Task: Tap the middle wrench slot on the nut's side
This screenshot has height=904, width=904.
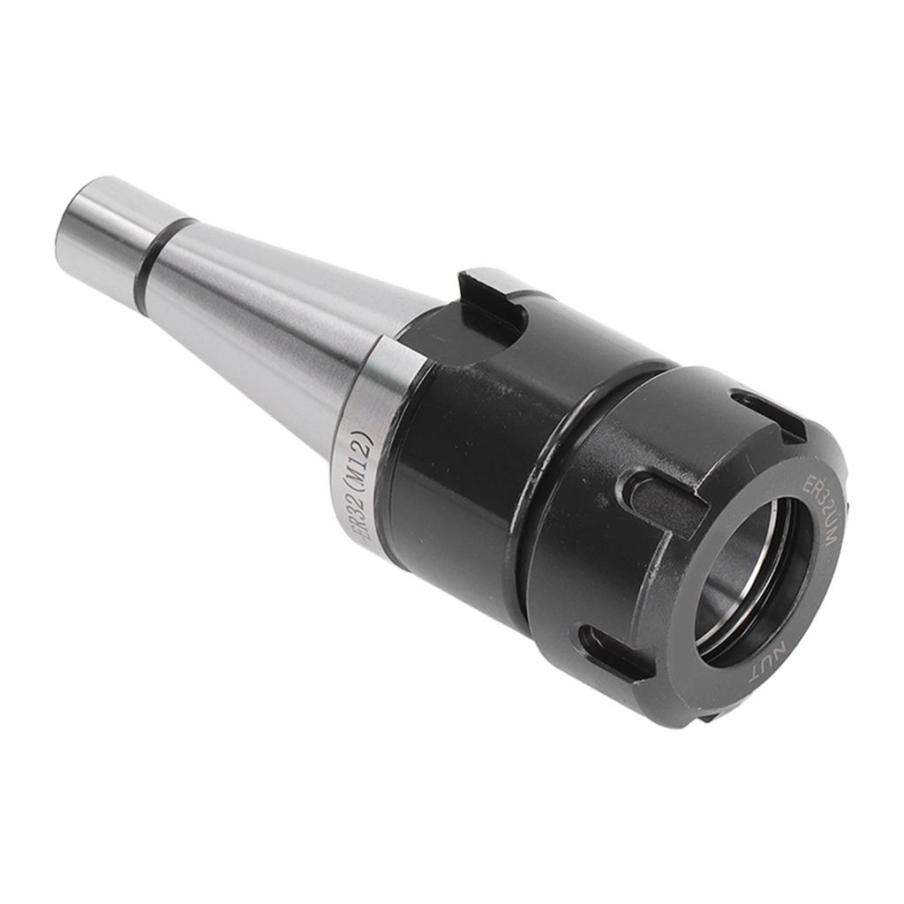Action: [658, 499]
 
